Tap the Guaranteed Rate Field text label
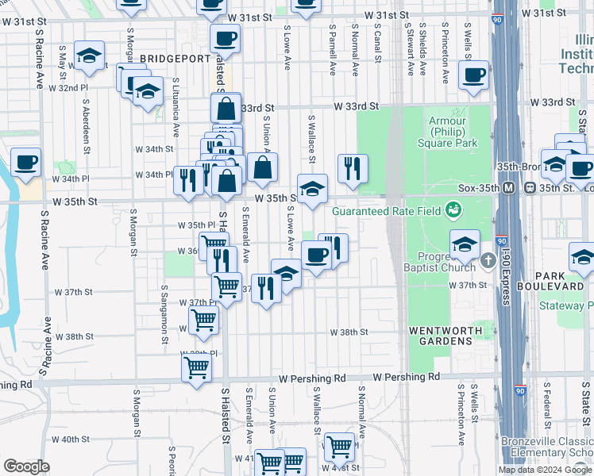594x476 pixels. (387, 211)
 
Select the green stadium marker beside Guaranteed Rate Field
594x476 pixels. (453, 210)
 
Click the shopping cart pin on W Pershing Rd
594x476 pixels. (196, 367)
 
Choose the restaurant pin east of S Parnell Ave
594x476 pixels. (353, 167)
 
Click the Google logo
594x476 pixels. (26, 467)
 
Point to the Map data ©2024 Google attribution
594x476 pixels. (544, 470)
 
